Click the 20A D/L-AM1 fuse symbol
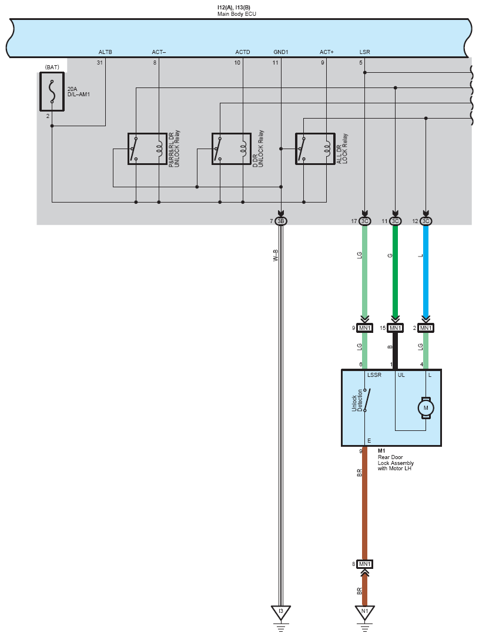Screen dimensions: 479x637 coord(52,92)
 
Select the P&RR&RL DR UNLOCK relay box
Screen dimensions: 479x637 coord(147,149)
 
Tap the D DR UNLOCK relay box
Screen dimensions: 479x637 coord(232,149)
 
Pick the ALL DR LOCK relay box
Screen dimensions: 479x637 coord(315,149)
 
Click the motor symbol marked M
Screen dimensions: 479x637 coord(426,408)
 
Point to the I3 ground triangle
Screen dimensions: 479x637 coord(280,612)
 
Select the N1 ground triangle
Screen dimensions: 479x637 coord(365,612)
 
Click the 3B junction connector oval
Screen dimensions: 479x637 coord(280,221)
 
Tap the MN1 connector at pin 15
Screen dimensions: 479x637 coord(395,328)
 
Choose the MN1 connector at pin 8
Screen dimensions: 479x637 coord(365,564)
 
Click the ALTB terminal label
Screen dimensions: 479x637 coord(105,52)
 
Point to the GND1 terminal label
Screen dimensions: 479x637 coord(280,52)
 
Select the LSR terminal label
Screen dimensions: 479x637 coord(365,52)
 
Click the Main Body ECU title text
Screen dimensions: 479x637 coord(237,14)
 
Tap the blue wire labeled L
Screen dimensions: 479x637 coord(426,271)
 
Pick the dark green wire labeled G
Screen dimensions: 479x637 coord(395,271)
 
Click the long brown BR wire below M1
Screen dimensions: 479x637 coord(365,503)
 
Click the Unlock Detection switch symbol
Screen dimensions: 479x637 coord(366,400)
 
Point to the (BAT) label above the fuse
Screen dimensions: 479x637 coord(52,67)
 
